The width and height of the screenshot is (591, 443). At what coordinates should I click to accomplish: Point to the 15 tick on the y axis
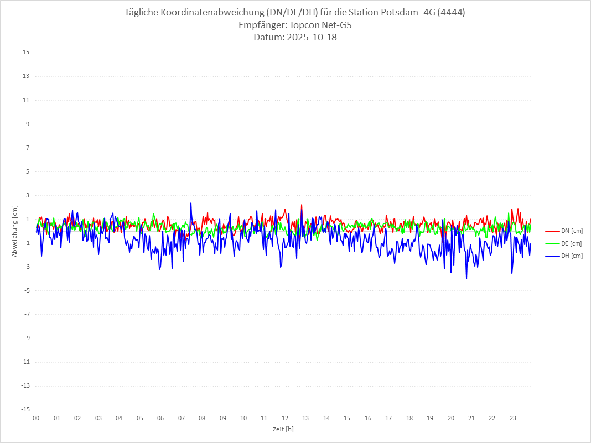[26, 53]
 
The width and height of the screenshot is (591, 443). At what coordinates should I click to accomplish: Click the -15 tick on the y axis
[25, 409]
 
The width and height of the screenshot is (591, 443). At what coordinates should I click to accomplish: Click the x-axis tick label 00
[36, 418]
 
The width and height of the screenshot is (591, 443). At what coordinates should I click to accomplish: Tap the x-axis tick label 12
[285, 418]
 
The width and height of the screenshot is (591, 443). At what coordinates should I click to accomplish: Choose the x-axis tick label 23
[513, 418]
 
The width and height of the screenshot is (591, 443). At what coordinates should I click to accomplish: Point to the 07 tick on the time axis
[181, 418]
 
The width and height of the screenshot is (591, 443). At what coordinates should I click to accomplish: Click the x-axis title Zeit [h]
[283, 429]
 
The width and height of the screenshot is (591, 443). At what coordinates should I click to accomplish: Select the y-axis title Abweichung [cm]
[15, 231]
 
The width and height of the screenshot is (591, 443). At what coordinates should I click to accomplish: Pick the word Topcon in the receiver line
[305, 25]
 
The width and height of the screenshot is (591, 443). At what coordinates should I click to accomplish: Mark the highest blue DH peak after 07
[191, 203]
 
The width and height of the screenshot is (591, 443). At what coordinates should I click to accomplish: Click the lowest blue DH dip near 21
[466, 278]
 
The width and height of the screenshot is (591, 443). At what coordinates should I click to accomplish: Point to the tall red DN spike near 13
[302, 205]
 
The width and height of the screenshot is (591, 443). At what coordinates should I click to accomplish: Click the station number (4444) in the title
[450, 13]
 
